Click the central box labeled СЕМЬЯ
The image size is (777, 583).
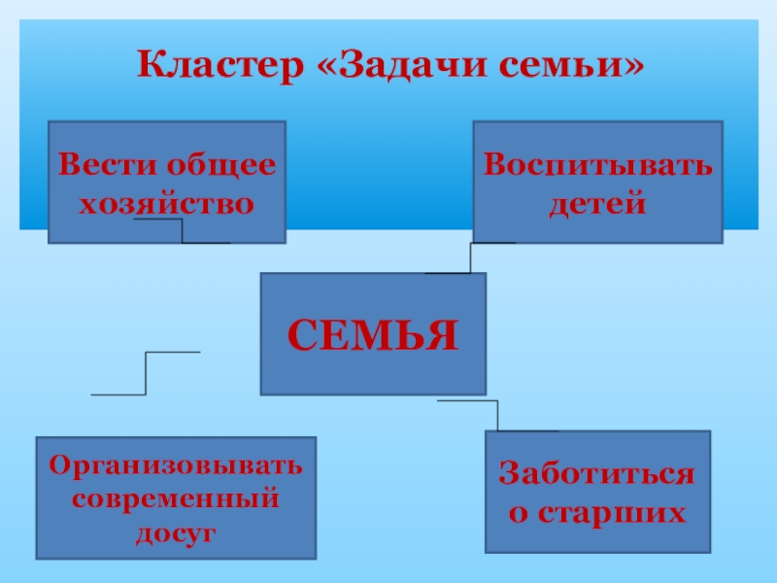[x=373, y=333]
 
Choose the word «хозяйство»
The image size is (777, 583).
[x=166, y=204]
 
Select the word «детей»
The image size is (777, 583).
[x=597, y=204]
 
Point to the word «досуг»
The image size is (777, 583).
[x=176, y=533]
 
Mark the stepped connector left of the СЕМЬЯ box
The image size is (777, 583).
[x=146, y=373]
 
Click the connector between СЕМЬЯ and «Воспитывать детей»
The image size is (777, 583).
[x=471, y=257]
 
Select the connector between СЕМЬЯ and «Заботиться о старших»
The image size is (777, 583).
[x=497, y=415]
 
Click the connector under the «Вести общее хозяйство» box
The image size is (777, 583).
[x=183, y=231]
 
